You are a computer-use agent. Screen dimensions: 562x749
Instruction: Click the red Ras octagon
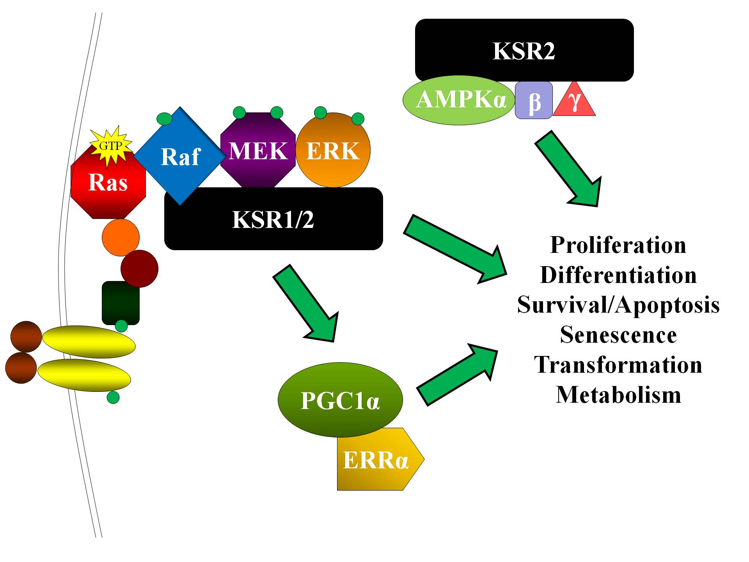108,187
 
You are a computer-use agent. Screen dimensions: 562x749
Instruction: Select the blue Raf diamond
180,156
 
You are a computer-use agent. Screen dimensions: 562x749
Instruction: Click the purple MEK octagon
258,151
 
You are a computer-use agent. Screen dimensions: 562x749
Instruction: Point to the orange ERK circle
333,151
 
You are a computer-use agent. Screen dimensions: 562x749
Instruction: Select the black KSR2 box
524,50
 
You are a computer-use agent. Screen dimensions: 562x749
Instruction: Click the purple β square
534,100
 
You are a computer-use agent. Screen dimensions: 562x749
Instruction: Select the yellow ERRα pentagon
376,460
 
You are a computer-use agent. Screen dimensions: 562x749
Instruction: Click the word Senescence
618,335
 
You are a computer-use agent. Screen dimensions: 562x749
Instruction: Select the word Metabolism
618,395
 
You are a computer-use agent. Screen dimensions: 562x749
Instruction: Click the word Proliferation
618,245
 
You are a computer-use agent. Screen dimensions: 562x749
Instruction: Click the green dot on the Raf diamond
164,119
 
